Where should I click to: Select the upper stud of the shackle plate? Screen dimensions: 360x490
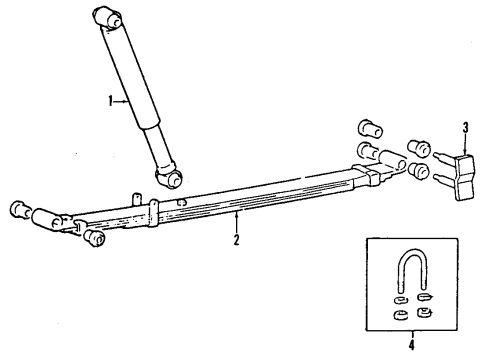coord(443,155)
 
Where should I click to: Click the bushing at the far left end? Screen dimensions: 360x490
coord(17,208)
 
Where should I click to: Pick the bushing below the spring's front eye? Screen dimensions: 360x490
coord(94,237)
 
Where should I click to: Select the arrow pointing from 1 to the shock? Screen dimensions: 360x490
coord(124,101)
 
